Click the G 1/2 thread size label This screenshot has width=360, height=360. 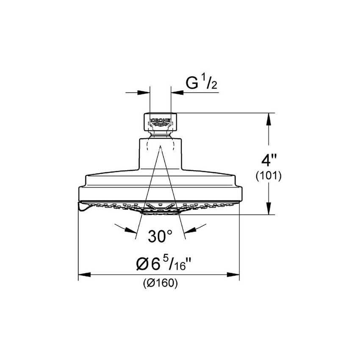tap(202, 83)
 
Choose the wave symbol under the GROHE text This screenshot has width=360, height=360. tap(161, 124)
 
